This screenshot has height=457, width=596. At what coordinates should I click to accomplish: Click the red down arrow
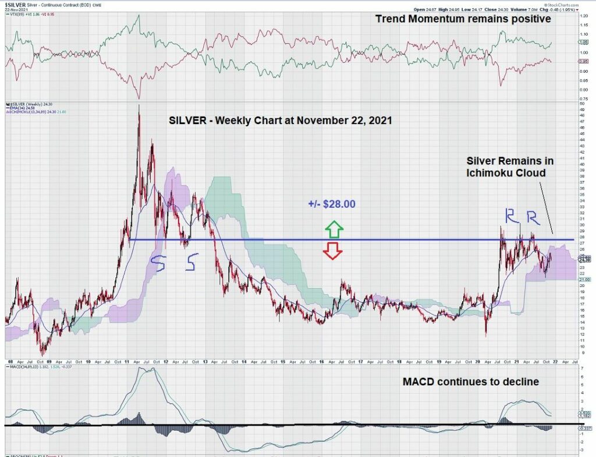(333, 250)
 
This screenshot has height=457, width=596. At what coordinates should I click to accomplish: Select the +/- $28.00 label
(332, 204)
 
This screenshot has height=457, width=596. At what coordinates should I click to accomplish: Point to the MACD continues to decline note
(470, 382)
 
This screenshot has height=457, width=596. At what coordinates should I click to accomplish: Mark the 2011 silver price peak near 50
(139, 106)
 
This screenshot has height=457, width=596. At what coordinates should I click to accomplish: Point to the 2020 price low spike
(486, 335)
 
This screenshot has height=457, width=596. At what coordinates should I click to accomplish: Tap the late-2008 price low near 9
(41, 354)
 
